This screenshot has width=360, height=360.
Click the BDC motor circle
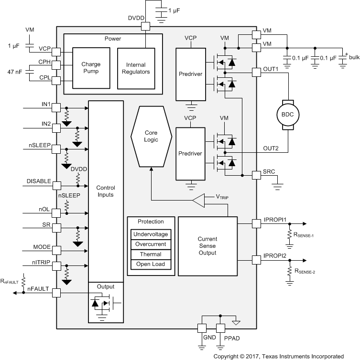pyautogui.click(x=287, y=115)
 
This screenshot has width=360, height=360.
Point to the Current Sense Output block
pyautogui.click(x=207, y=245)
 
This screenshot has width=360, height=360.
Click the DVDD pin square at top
pyautogui.click(x=145, y=27)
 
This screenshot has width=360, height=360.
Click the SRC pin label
pyautogui.click(x=268, y=171)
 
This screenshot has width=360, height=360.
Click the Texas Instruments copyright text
pyautogui.click(x=278, y=356)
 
